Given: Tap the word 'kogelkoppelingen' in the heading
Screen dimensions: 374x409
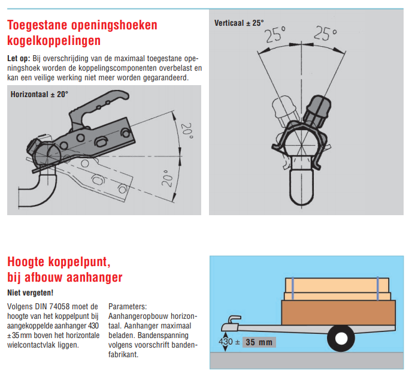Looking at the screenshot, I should [54, 41].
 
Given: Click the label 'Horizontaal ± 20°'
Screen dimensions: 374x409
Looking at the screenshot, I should [40, 94].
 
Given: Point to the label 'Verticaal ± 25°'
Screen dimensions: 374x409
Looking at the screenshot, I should [239, 23].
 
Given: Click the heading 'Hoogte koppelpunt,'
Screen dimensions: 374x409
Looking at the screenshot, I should [58, 262].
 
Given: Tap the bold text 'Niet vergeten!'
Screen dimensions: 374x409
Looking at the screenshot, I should [31, 293].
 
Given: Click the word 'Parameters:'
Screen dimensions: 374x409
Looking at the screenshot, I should [127, 306].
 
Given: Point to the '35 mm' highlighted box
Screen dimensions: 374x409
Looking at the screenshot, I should [258, 342].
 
